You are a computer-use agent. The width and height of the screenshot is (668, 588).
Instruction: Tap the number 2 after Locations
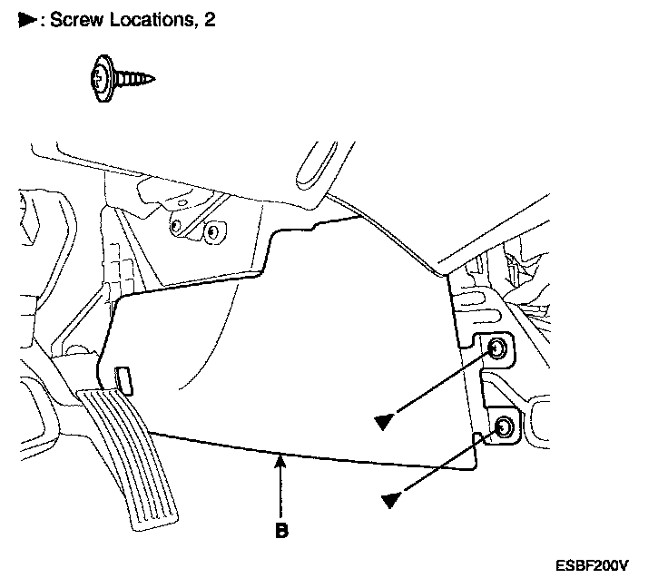point(210,20)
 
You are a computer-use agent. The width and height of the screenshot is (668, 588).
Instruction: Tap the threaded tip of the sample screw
point(147,79)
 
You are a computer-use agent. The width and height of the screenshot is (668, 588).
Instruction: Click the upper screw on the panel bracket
point(497,349)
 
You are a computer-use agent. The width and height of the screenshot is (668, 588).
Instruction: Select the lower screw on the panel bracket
point(503,426)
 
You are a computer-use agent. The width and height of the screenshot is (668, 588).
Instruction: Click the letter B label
point(281,531)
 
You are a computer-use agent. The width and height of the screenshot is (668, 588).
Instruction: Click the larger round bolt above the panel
point(212,231)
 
